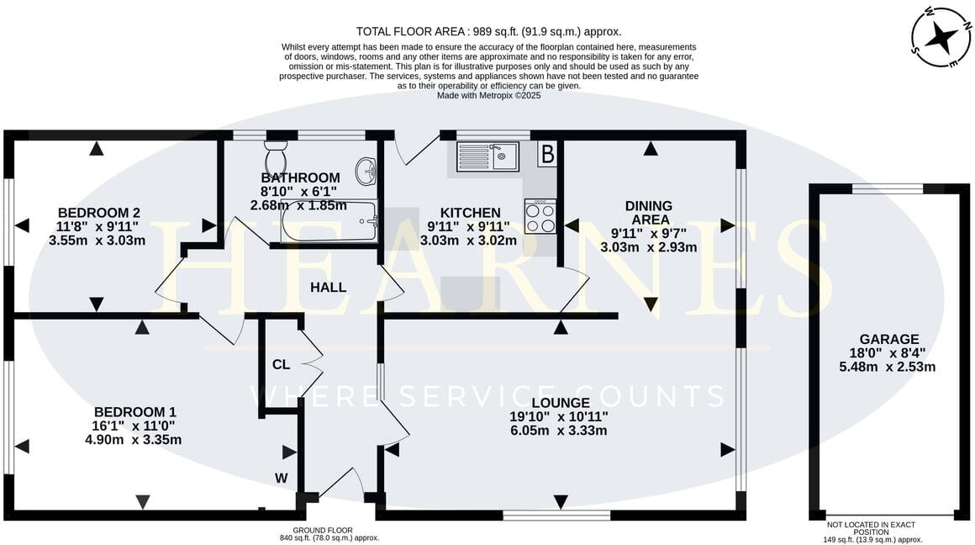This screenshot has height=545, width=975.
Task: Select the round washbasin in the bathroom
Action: [366, 172]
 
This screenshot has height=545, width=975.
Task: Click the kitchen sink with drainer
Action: [487, 156]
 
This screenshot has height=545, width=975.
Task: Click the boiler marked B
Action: [547, 154]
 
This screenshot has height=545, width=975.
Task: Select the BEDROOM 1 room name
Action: [134, 412]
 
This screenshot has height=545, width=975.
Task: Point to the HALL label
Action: [328, 288]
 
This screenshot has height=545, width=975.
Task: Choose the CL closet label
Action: [281, 365]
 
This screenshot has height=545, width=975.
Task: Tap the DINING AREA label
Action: [648, 213]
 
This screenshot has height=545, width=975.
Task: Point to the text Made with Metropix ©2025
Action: [489, 96]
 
